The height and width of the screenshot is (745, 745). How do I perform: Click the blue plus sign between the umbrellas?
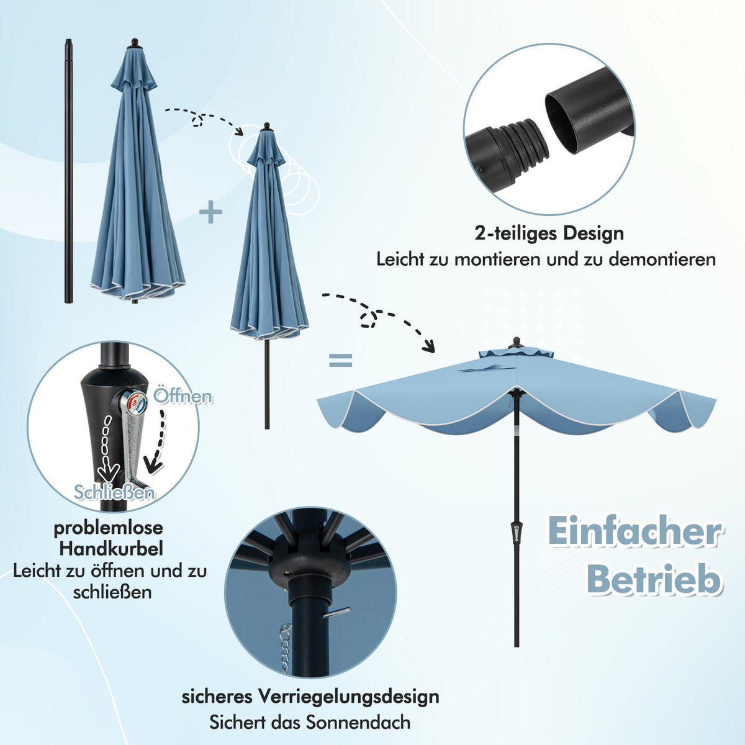pos(211,213)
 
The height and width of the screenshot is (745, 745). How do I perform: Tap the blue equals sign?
pos(340,360)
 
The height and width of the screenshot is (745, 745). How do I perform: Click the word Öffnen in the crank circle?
pos(183,395)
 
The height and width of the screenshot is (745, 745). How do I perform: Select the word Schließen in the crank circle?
pos(114,492)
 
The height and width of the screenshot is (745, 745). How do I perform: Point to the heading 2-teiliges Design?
pos(549,233)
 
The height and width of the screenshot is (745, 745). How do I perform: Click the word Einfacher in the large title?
pos(634,531)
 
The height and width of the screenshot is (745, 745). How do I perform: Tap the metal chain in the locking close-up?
pos(285,649)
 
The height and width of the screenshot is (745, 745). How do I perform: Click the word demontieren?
pos(662,259)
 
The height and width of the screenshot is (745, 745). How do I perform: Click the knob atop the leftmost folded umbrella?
pos(134,43)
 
